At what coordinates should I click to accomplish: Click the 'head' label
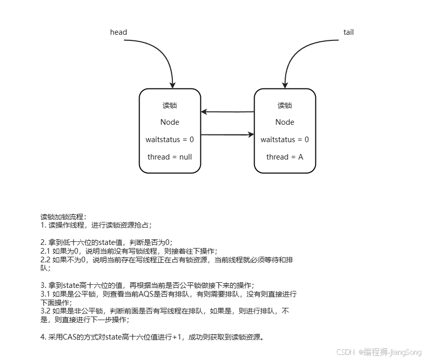tap(118, 32)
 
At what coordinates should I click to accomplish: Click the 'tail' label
tap(348, 32)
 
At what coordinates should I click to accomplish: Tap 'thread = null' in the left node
tap(170, 157)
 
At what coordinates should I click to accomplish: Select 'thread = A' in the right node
tap(285, 157)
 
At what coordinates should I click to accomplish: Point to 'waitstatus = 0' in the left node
tap(170, 140)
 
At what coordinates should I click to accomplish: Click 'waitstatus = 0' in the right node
tap(285, 140)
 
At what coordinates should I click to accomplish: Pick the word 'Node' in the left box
tap(170, 122)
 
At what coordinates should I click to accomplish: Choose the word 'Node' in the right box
tap(285, 122)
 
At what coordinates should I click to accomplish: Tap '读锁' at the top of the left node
tap(170, 106)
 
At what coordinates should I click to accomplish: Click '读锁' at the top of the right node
tap(285, 106)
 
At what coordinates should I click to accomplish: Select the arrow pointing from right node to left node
tap(227, 111)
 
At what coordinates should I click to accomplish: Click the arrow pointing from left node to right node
tap(227, 135)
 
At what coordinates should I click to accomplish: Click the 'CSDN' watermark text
tap(346, 352)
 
